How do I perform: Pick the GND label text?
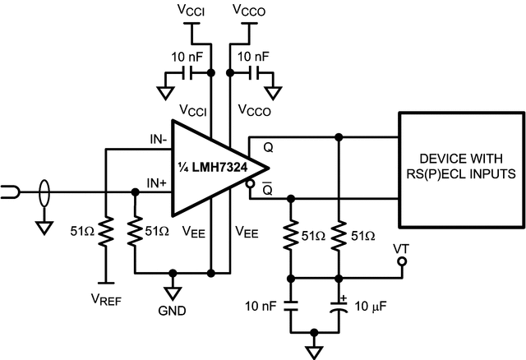coord(173,312)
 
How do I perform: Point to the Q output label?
coord(268,148)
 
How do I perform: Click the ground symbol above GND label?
coord(173,290)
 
